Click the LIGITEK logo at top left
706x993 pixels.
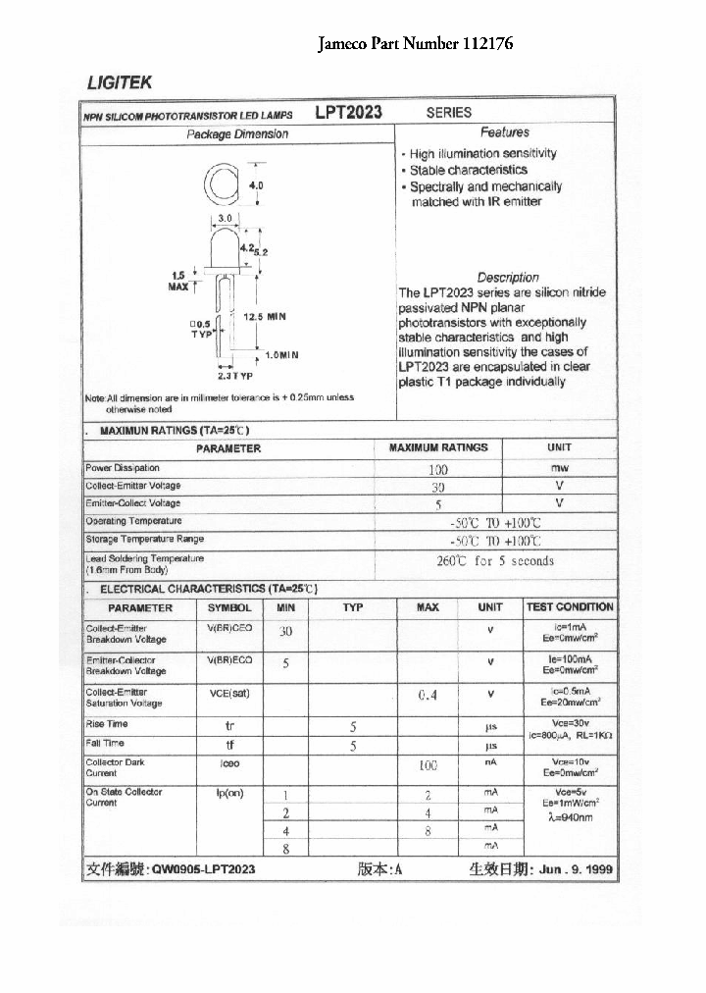[x=117, y=83]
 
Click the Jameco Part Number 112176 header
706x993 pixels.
[x=416, y=44]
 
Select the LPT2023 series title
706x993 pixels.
[x=348, y=112]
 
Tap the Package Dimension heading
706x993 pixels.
[x=237, y=133]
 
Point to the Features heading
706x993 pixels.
[x=504, y=131]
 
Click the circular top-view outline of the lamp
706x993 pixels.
[x=223, y=183]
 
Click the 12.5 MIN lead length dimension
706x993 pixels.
[x=263, y=317]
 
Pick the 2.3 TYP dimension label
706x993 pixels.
[x=235, y=376]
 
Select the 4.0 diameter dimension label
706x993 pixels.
[x=257, y=184]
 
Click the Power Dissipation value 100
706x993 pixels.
[x=437, y=469]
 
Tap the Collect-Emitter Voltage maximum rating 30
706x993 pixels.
[x=437, y=487]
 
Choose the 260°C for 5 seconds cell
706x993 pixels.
[x=494, y=561]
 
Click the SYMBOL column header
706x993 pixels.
[x=229, y=607]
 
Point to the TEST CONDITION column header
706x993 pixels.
[x=570, y=607]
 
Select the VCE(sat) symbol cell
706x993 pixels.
[x=229, y=694]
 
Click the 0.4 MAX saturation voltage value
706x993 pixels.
[x=428, y=696]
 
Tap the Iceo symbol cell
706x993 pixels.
[x=229, y=762]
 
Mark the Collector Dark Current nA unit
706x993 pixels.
[x=490, y=762]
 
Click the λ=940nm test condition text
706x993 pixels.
[x=571, y=816]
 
